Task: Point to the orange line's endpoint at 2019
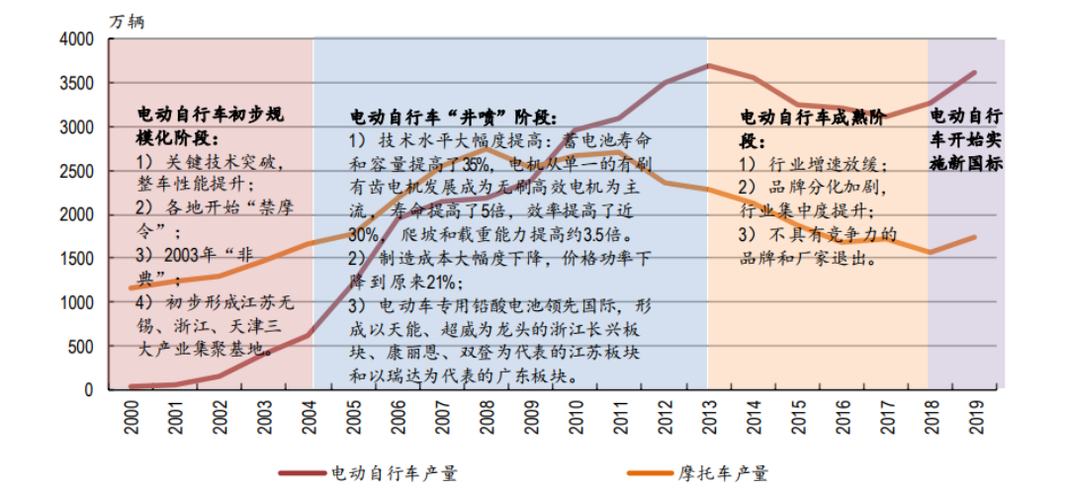click(x=975, y=237)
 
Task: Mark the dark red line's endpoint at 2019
click(x=975, y=72)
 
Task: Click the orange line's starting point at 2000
click(x=131, y=287)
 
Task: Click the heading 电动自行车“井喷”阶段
click(x=454, y=117)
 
